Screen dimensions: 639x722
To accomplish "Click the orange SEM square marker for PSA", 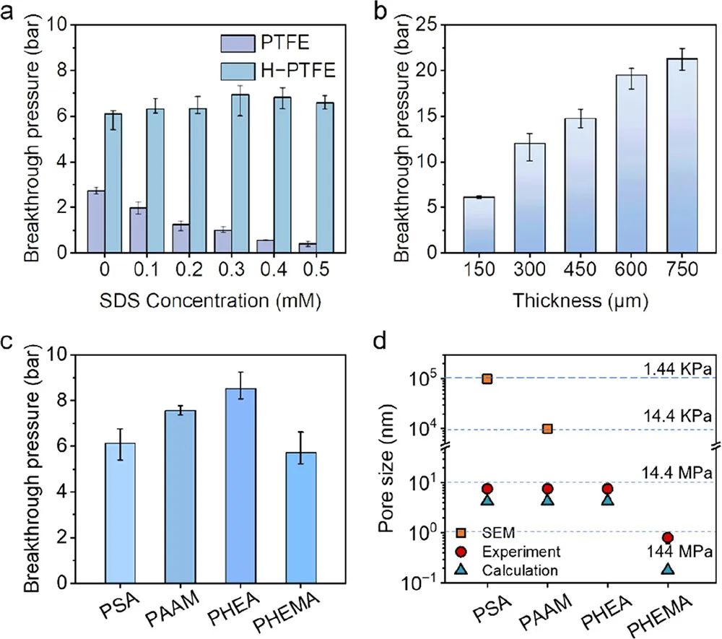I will point(487,378).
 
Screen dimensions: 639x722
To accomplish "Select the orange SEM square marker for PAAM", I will point(547,429).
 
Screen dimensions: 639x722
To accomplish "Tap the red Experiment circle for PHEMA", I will point(668,538).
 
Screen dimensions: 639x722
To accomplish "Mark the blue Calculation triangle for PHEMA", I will point(668,568).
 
